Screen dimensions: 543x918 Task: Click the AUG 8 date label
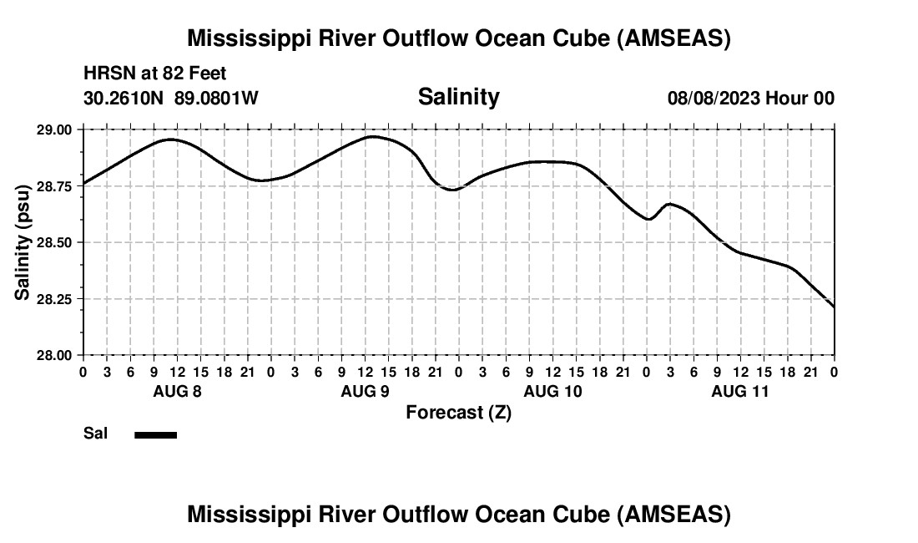pyautogui.click(x=177, y=391)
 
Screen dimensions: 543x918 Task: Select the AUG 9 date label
pyautogui.click(x=365, y=391)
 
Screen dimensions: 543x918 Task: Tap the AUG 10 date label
pyautogui.click(x=552, y=391)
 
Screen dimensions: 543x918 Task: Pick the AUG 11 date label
pyautogui.click(x=740, y=391)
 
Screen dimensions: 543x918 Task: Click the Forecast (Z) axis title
pyautogui.click(x=458, y=413)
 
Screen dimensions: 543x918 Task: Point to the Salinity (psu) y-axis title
pyautogui.click(x=23, y=242)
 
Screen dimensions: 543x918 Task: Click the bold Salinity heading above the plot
pyautogui.click(x=458, y=97)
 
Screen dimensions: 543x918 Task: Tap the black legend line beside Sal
pyautogui.click(x=156, y=434)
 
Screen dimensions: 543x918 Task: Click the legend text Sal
pyautogui.click(x=96, y=434)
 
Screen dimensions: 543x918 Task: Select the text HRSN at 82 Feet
pyautogui.click(x=154, y=74)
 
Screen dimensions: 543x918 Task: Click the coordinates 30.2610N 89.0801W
pyautogui.click(x=171, y=98)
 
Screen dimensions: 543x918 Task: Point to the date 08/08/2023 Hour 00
pyautogui.click(x=750, y=98)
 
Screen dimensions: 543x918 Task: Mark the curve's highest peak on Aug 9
pyautogui.click(x=372, y=136)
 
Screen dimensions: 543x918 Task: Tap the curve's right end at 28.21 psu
pyautogui.click(x=834, y=307)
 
